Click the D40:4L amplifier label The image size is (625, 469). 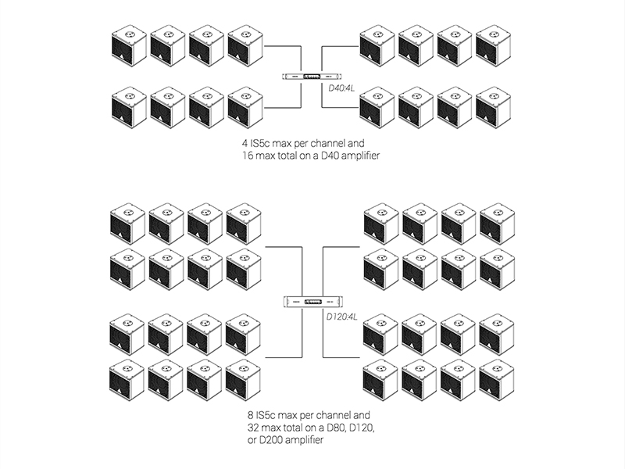pos(344,89)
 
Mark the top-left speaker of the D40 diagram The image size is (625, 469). pos(129,45)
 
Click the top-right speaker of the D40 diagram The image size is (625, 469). pos(495,45)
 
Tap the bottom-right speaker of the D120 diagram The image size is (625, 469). pos(496,380)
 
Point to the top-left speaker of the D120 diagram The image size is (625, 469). pos(127,223)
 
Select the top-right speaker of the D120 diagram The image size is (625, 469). pos(496,224)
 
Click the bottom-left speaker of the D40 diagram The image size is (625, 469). pos(129,106)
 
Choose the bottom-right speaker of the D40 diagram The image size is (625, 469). pos(495,107)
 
